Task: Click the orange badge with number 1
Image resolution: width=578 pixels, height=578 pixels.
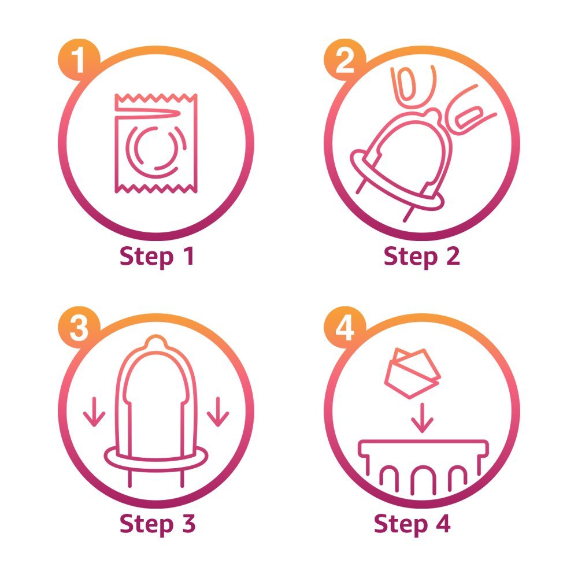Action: (79, 60)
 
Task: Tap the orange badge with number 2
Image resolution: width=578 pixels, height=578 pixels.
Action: (344, 60)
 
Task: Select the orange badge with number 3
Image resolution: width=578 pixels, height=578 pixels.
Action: (79, 327)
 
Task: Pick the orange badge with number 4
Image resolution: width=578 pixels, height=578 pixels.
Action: (344, 327)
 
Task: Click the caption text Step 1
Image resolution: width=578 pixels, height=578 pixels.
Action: (157, 256)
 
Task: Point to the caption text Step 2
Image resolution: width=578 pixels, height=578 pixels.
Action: (422, 256)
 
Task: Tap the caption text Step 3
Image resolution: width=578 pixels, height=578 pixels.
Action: (157, 524)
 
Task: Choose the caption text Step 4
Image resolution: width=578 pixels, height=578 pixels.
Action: (412, 524)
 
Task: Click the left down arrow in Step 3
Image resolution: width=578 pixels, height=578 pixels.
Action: (94, 412)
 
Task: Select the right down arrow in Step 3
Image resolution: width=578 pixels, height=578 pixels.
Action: (218, 412)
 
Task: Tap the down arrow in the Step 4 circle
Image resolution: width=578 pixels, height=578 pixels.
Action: (422, 418)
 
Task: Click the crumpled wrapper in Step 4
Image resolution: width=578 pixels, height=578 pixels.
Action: (413, 373)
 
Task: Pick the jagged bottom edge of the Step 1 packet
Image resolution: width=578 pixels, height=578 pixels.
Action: (156, 188)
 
